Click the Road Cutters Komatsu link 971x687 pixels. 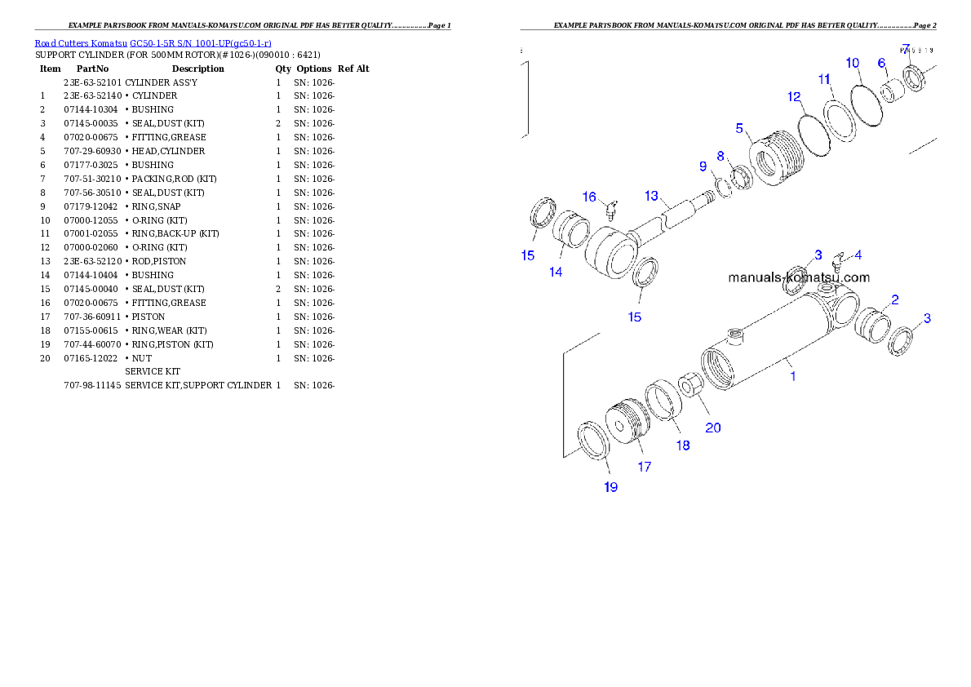coord(81,43)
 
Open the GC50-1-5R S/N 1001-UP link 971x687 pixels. coord(200,43)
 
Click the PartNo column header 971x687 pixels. coord(92,69)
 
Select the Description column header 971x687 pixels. coord(197,69)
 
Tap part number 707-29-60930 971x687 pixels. coord(92,151)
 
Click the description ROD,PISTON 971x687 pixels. coord(159,261)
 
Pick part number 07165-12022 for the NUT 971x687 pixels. coord(91,359)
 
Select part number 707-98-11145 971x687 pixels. coord(92,385)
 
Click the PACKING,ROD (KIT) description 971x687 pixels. coord(174,179)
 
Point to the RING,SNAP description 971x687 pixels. coord(156,207)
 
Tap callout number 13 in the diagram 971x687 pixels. coord(651,196)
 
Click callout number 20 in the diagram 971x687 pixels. coord(713,428)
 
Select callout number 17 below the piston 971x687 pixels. coord(644,467)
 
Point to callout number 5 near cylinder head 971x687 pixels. coord(738,128)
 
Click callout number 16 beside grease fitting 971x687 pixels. coord(589,197)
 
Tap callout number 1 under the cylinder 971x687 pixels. coord(792,376)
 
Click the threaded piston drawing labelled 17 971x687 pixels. coord(627,421)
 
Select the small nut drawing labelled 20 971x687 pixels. coord(689,385)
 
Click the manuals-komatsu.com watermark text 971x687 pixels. coord(799,277)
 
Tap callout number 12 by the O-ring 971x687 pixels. coord(794,97)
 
